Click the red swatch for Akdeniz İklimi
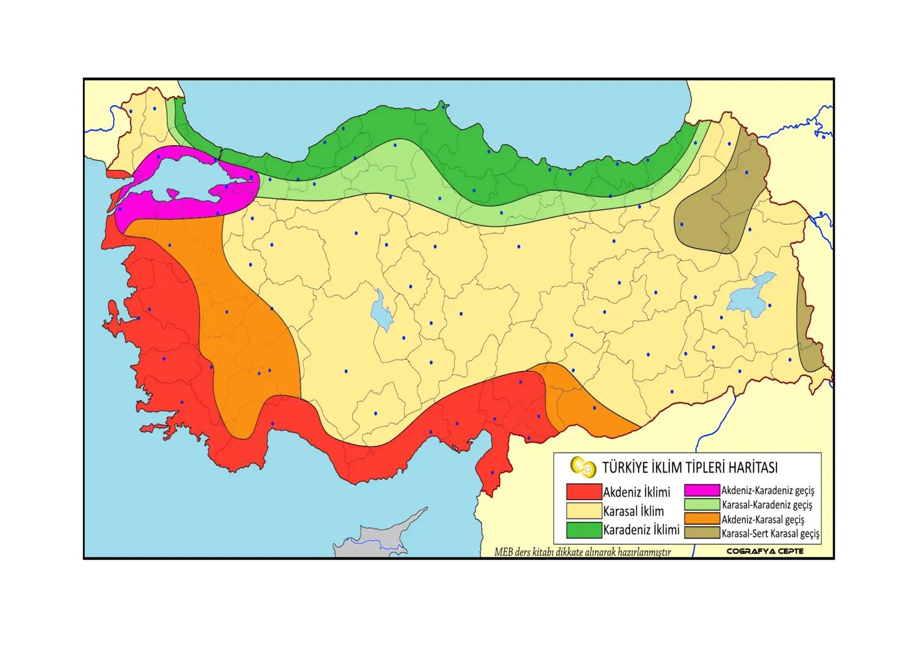[584, 492]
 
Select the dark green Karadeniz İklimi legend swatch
[584, 530]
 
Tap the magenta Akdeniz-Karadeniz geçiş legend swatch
[702, 491]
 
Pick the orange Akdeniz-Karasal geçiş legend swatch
[702, 519]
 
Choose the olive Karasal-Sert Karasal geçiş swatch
[702, 533]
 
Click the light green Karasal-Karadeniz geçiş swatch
[702, 505]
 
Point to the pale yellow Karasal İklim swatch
[584, 511]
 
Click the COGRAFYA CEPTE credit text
[764, 551]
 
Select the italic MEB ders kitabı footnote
[582, 551]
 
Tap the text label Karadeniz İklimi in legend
[641, 530]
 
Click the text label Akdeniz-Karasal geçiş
[763, 519]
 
